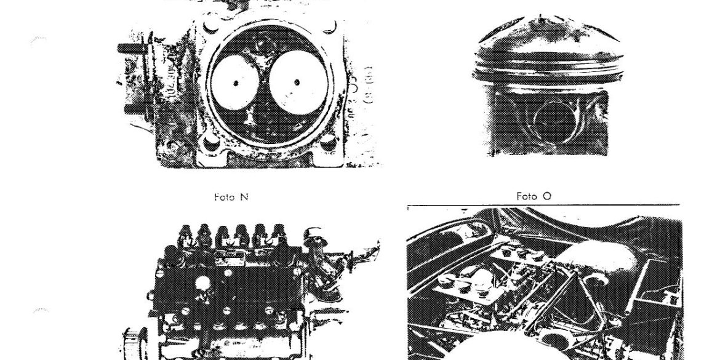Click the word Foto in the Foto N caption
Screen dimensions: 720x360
click(x=225, y=197)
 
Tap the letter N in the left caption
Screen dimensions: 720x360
click(x=244, y=197)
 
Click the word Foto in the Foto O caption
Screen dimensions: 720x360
click(x=526, y=196)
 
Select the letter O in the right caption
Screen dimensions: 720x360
click(x=547, y=196)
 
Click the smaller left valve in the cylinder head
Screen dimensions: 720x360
click(x=235, y=83)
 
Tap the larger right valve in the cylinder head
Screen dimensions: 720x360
click(x=298, y=82)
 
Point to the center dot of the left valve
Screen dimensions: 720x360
click(x=236, y=83)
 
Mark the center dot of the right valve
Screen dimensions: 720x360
click(x=297, y=82)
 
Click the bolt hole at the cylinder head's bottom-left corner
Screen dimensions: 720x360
click(x=210, y=144)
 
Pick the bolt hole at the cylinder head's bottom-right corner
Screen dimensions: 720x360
click(x=328, y=143)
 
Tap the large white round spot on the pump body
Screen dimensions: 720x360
click(x=202, y=283)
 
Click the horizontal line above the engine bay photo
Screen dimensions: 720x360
click(x=543, y=205)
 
